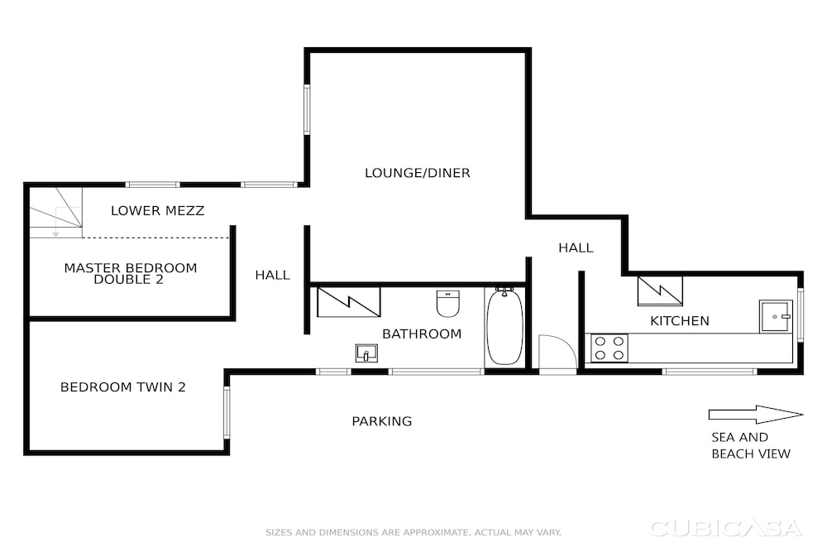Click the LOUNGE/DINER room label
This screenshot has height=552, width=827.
point(417,173)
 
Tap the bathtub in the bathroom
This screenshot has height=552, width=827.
point(504,327)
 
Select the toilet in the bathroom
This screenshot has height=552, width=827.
point(447,304)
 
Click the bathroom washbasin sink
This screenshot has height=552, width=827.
point(366,353)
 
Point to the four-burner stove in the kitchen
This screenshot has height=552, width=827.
point(609,348)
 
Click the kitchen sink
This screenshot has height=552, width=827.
point(776,316)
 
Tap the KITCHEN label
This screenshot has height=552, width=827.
point(679,321)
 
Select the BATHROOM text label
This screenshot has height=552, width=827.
point(422,334)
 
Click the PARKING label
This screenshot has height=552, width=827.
point(382,421)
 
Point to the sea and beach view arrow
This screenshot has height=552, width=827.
point(756,415)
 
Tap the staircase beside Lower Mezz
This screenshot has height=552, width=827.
point(56,212)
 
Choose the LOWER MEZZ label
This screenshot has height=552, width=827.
point(157,210)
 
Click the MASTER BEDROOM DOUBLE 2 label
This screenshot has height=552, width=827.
point(131,273)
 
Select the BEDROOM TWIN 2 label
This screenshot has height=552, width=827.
point(123,386)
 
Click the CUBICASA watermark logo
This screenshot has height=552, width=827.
point(726,528)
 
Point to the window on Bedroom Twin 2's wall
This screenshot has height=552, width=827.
point(227,412)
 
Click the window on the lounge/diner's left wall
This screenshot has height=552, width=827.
point(307,110)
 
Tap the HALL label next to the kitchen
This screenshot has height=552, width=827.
point(576,247)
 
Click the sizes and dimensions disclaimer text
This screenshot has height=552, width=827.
point(413,532)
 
